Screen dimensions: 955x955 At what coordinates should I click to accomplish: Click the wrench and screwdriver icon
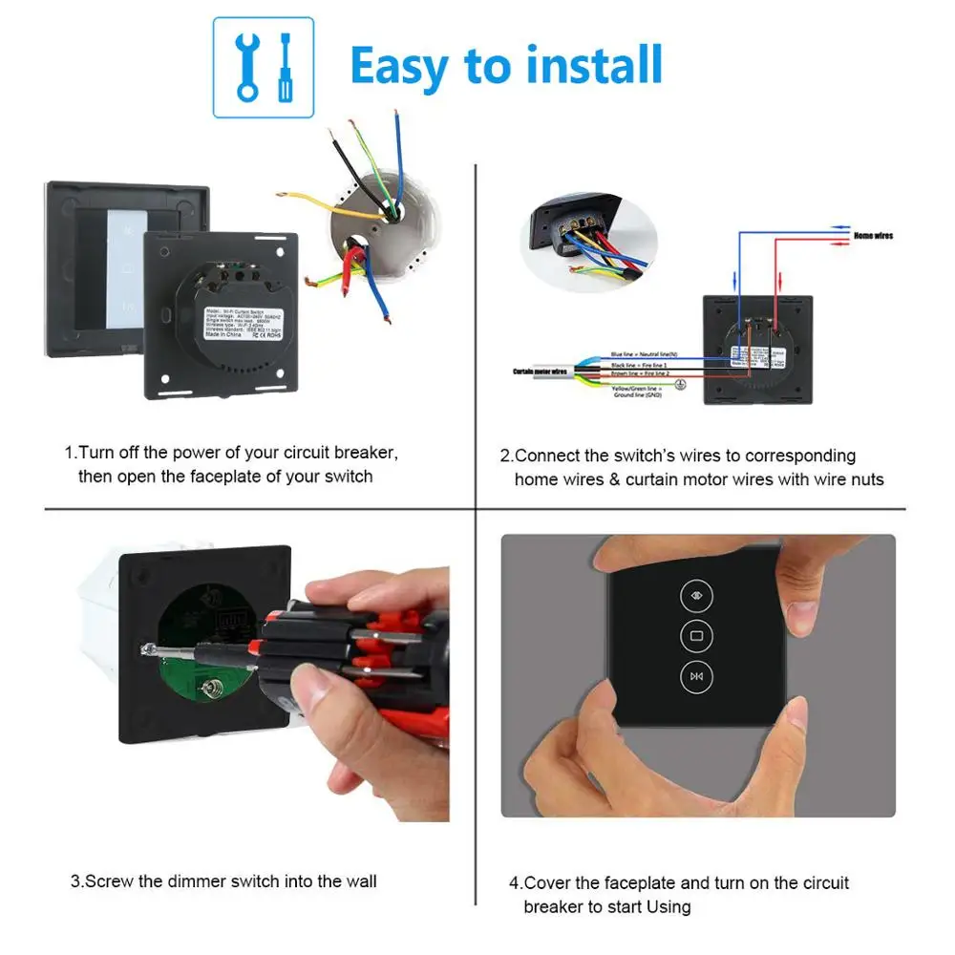[263, 66]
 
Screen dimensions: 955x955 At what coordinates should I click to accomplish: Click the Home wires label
[874, 235]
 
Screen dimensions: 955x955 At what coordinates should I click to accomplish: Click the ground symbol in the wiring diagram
[680, 384]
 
